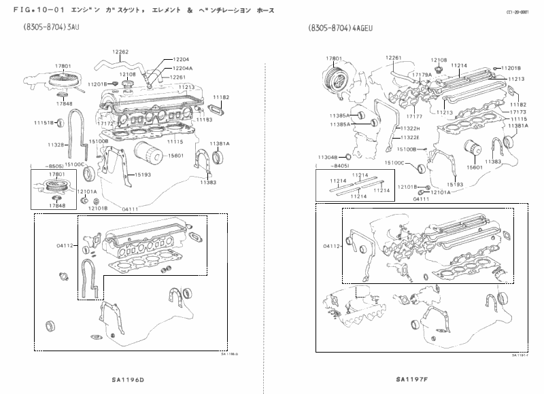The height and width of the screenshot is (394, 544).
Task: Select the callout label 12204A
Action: (182, 68)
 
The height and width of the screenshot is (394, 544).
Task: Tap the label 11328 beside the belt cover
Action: (56, 145)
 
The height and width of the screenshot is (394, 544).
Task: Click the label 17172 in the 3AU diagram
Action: (105, 124)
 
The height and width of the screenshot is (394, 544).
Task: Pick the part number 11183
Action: (204, 119)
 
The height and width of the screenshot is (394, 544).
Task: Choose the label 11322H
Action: (410, 128)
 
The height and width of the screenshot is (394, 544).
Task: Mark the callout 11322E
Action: (410, 137)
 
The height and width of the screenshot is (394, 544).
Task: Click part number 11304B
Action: (327, 157)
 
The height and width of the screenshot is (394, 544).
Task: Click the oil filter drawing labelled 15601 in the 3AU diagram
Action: (143, 156)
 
